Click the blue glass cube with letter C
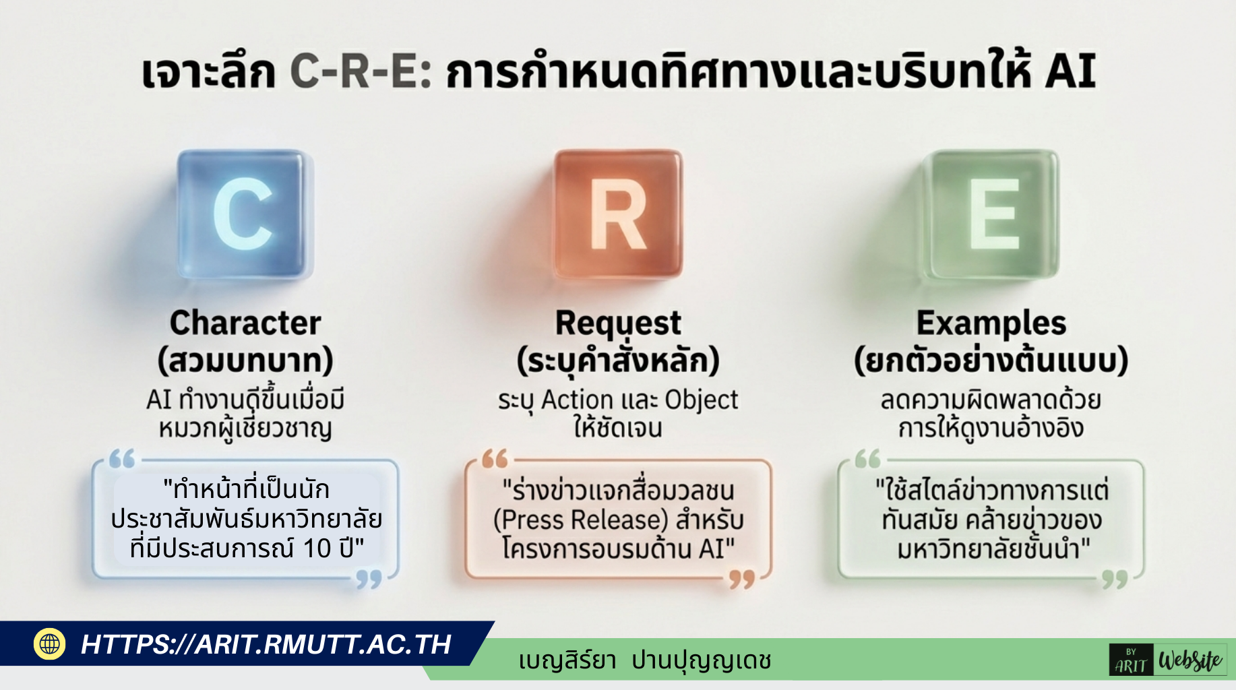(244, 214)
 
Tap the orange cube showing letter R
(618, 214)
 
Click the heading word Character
(245, 323)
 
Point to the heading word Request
(618, 324)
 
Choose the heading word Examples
(991, 324)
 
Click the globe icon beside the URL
(49, 644)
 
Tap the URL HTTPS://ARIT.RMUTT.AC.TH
(266, 644)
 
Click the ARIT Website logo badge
(1168, 660)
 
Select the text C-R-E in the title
(361, 72)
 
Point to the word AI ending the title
(1070, 71)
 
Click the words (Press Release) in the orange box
(580, 520)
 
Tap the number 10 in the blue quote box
(317, 548)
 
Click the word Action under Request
(578, 400)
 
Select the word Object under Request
(701, 400)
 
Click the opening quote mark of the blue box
(122, 459)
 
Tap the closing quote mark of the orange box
(742, 580)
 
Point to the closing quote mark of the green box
(1115, 580)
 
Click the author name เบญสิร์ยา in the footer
(567, 660)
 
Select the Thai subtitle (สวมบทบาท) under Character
(245, 360)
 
